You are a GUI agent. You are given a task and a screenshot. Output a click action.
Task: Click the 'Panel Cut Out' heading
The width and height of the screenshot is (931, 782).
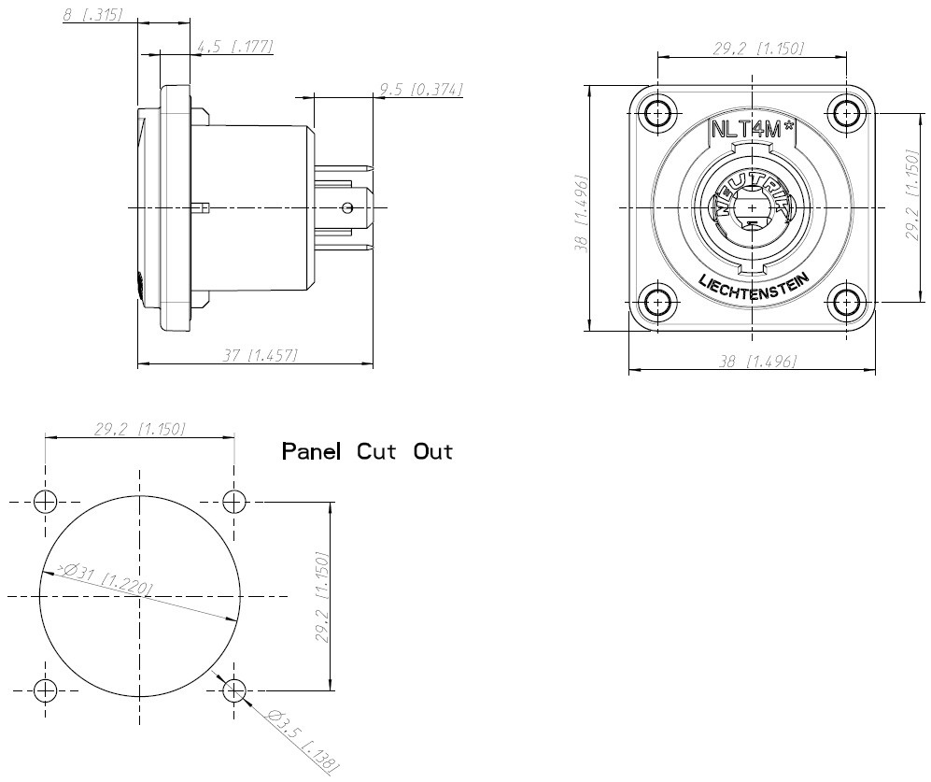(367, 451)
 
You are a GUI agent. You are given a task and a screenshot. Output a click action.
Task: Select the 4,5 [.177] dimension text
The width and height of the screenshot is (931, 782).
(234, 47)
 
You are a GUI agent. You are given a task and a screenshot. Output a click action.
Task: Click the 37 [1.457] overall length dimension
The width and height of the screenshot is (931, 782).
(260, 355)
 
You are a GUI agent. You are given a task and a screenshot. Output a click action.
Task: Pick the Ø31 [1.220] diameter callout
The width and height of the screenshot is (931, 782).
(105, 578)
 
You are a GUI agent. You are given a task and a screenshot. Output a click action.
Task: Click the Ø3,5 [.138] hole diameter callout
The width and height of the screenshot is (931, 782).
(303, 740)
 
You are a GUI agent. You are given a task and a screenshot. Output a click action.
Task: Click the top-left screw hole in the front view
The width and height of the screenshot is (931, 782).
(658, 112)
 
